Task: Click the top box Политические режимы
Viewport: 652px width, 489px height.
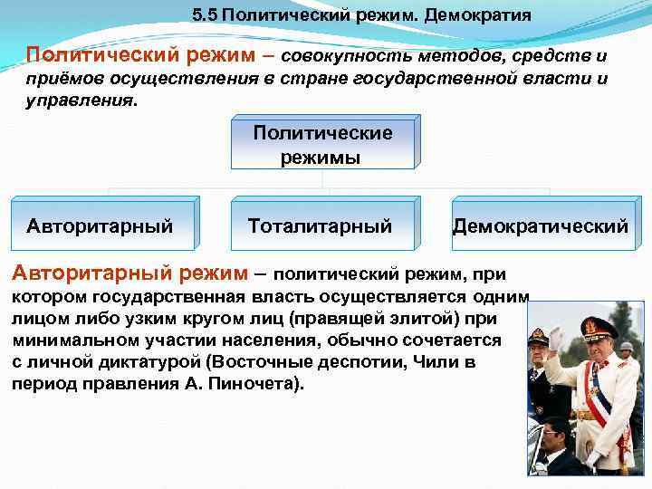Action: [322, 145]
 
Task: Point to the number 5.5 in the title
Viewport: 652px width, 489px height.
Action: [206, 16]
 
